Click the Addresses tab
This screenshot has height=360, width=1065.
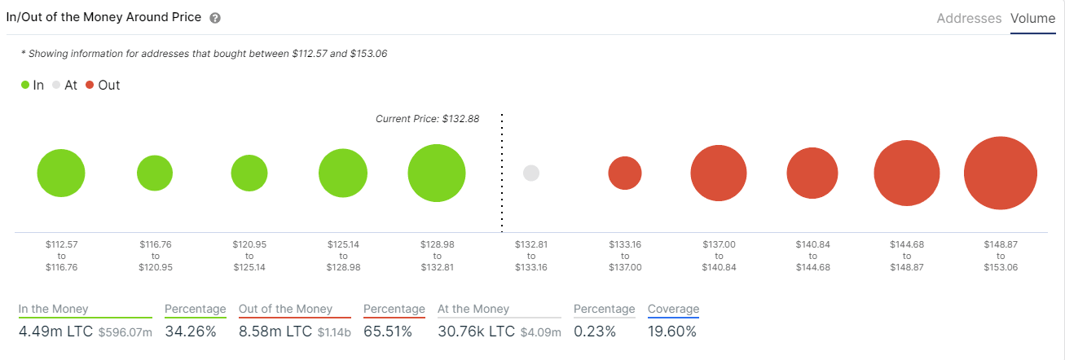coord(969,18)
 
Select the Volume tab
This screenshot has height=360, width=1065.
coord(1032,18)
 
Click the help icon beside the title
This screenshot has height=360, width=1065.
coord(214,18)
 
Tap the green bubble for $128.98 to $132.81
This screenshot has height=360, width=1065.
coord(437,173)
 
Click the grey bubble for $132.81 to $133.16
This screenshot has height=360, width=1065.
coord(531,173)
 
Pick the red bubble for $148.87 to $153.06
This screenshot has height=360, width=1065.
coord(1000,173)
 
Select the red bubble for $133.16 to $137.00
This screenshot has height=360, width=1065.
coord(625,173)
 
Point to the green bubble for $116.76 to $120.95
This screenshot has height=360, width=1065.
coord(155,173)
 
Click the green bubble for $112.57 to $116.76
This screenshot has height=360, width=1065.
coord(61,173)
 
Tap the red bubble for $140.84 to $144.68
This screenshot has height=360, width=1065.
coord(812,173)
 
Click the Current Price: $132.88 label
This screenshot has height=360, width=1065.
coord(427,119)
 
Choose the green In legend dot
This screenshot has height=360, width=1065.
coord(26,85)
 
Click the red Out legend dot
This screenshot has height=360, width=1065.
coord(90,85)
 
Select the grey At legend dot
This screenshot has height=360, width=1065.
coord(56,85)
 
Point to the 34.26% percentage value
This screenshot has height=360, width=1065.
coord(191,331)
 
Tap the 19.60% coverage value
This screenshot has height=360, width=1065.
coord(672,331)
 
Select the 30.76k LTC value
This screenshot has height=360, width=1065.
coord(477,331)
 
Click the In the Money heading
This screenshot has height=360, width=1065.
coord(54,309)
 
